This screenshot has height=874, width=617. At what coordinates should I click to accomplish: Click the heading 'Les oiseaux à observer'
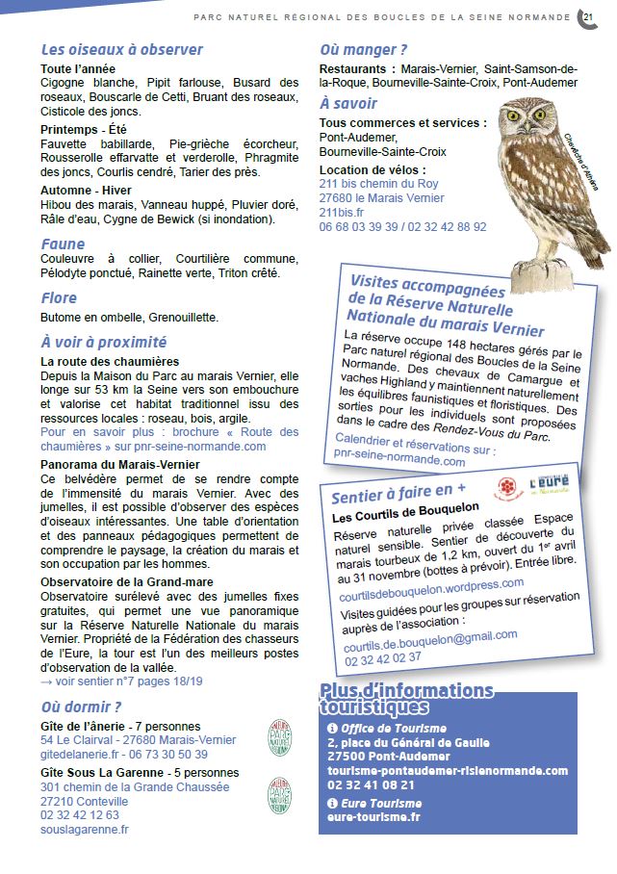tap(121, 50)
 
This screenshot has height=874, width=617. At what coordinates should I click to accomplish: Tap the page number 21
tap(587, 15)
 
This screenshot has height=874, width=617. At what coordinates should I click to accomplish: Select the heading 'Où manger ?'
tap(363, 50)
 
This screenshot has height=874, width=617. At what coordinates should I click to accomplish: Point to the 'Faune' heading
tap(63, 244)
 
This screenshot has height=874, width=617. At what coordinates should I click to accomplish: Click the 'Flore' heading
tap(59, 298)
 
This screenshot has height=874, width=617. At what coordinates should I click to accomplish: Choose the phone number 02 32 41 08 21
tap(371, 785)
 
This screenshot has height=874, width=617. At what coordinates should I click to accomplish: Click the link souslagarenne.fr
tap(85, 829)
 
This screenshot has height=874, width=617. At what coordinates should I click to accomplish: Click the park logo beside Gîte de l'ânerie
tap(279, 739)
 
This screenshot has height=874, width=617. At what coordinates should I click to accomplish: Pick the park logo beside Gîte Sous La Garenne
tap(279, 797)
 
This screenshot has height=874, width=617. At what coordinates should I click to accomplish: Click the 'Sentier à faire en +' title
tap(391, 496)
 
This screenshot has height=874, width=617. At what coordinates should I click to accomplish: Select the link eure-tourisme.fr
tap(373, 817)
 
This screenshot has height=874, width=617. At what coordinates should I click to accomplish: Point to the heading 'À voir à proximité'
tap(104, 342)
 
